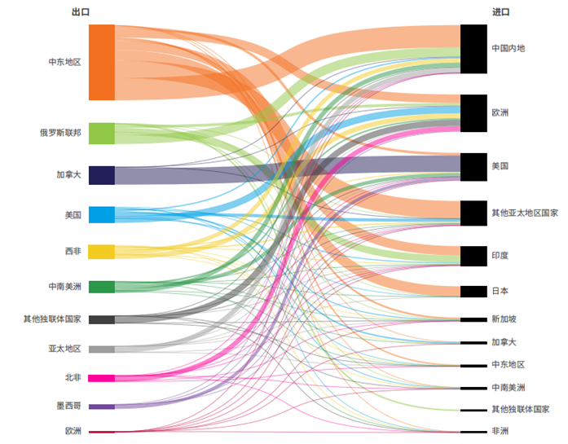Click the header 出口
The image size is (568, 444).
point(80,12)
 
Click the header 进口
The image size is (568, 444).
point(500,12)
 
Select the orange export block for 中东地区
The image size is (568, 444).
point(102,62)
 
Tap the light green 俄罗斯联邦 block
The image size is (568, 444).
point(102,133)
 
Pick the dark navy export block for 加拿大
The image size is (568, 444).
point(102,175)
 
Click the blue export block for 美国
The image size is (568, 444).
point(102,215)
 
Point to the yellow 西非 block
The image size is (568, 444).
point(102,252)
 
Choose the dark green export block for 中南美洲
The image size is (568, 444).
point(102,287)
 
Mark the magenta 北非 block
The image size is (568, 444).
point(102,378)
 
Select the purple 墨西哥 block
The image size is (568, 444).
point(102,406)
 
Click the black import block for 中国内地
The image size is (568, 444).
point(473,49)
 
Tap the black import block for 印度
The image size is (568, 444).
point(473,256)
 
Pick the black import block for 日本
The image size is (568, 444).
point(473,291)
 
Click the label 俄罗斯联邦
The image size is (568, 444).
point(59,133)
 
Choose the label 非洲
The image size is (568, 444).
point(500,431)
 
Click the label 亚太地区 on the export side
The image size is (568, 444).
point(64,349)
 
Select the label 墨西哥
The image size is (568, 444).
point(68,406)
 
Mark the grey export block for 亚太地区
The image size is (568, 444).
point(102,349)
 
